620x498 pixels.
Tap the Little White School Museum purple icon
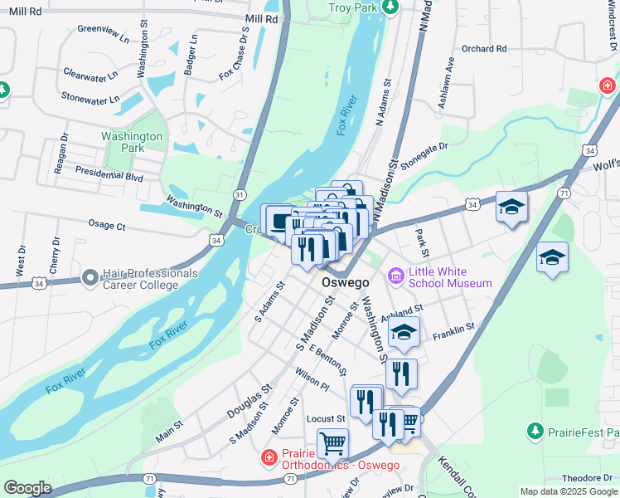pos(395,275)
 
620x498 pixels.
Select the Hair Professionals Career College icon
pos(91,277)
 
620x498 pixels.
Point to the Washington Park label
pos(132,142)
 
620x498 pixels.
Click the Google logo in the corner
pos(27,488)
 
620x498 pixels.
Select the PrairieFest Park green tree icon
pos(535,432)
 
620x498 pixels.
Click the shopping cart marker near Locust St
pos(333,443)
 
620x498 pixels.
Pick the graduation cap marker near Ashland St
pos(404,332)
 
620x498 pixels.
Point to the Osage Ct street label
pos(107,225)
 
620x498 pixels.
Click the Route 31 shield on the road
pos(240,194)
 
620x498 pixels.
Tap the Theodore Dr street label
pos(586,478)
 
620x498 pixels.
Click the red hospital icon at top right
pos(608,86)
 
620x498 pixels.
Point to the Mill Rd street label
pos(262,18)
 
